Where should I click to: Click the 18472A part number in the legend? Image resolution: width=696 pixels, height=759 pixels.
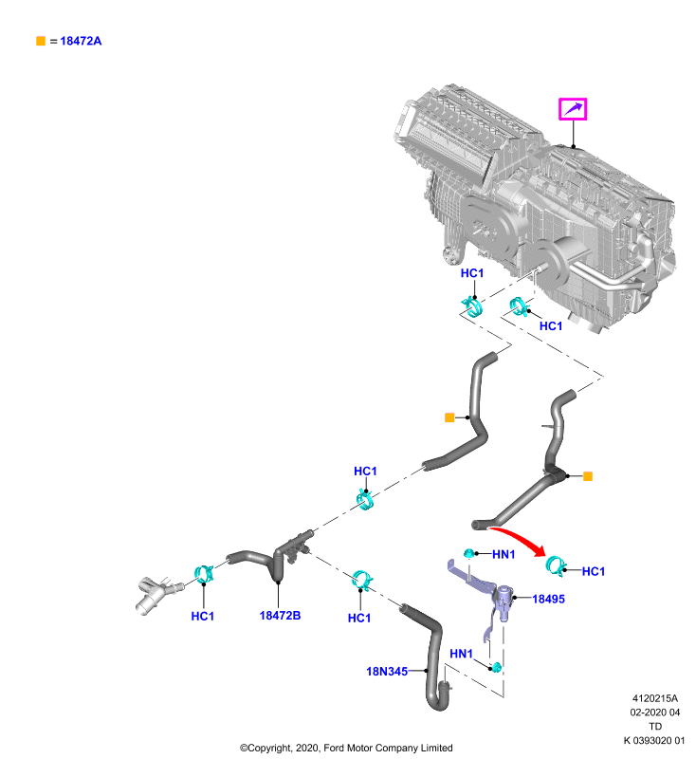(81, 41)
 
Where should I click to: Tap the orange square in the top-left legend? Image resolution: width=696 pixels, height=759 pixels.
(41, 41)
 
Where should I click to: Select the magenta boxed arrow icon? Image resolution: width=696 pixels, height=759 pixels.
(573, 109)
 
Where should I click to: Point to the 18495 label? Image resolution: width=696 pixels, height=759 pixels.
(548, 600)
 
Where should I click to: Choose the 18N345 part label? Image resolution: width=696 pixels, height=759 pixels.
(387, 672)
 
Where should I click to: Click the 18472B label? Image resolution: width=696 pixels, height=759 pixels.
(280, 615)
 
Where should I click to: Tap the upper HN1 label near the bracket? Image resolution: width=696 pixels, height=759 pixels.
(504, 554)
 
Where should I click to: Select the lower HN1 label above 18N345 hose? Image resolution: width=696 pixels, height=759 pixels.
(461, 654)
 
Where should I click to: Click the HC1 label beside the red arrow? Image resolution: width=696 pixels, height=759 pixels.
(594, 572)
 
